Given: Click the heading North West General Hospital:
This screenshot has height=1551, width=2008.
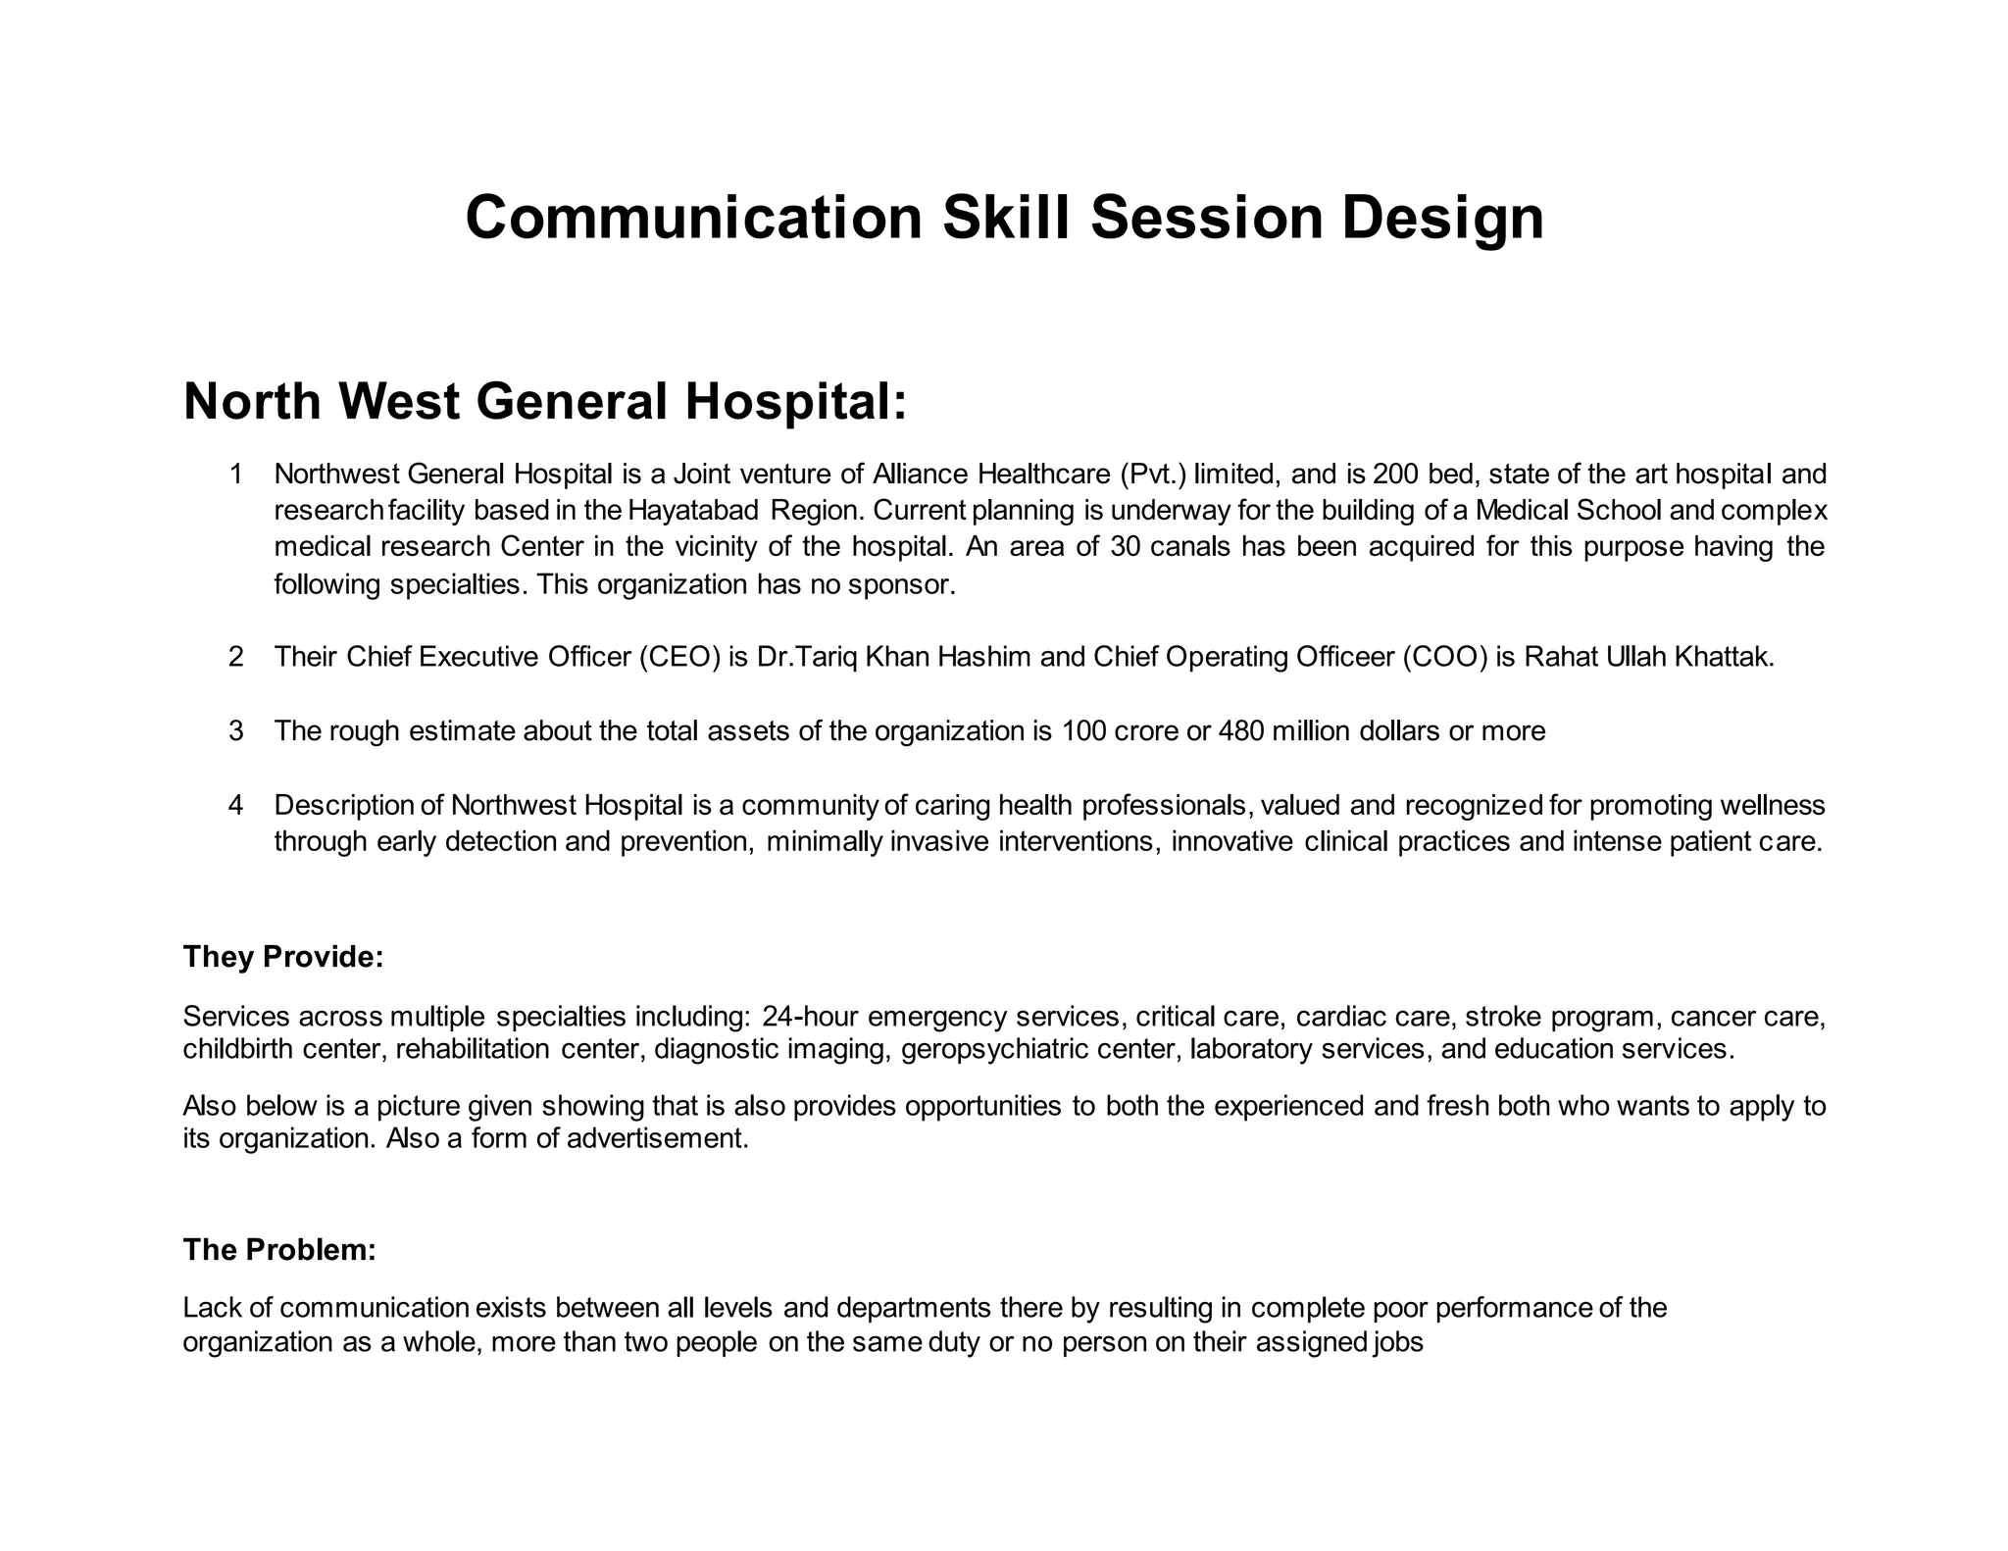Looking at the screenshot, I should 545,401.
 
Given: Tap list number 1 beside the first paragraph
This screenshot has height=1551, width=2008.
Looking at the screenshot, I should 235,475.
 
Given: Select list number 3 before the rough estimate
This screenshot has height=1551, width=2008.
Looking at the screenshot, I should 235,730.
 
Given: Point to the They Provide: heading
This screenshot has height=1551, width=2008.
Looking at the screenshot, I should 282,957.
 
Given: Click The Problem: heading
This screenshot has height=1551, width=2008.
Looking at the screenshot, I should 279,1250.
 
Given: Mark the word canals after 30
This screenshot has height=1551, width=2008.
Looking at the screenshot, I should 1189,547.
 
